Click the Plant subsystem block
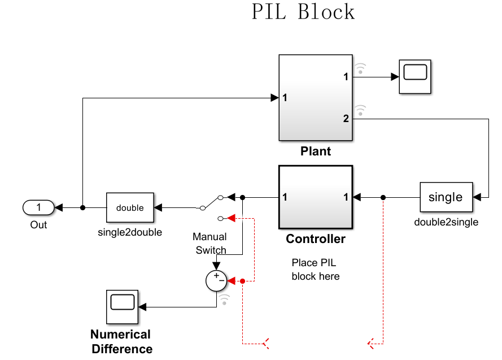point(316,97)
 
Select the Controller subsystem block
point(316,197)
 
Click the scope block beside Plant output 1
point(415,76)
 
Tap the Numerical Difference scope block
point(121,306)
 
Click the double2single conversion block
point(446,197)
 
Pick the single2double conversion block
point(130,207)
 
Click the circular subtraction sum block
point(216,280)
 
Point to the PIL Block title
point(303,12)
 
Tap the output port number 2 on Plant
point(346,119)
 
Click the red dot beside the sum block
point(242,281)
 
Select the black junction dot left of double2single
point(383,197)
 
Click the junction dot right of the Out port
point(83,207)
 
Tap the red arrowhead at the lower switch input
point(231,218)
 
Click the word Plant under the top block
point(316,151)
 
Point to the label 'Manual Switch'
point(210,244)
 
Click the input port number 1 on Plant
point(285,98)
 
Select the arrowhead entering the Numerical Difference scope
point(142,307)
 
